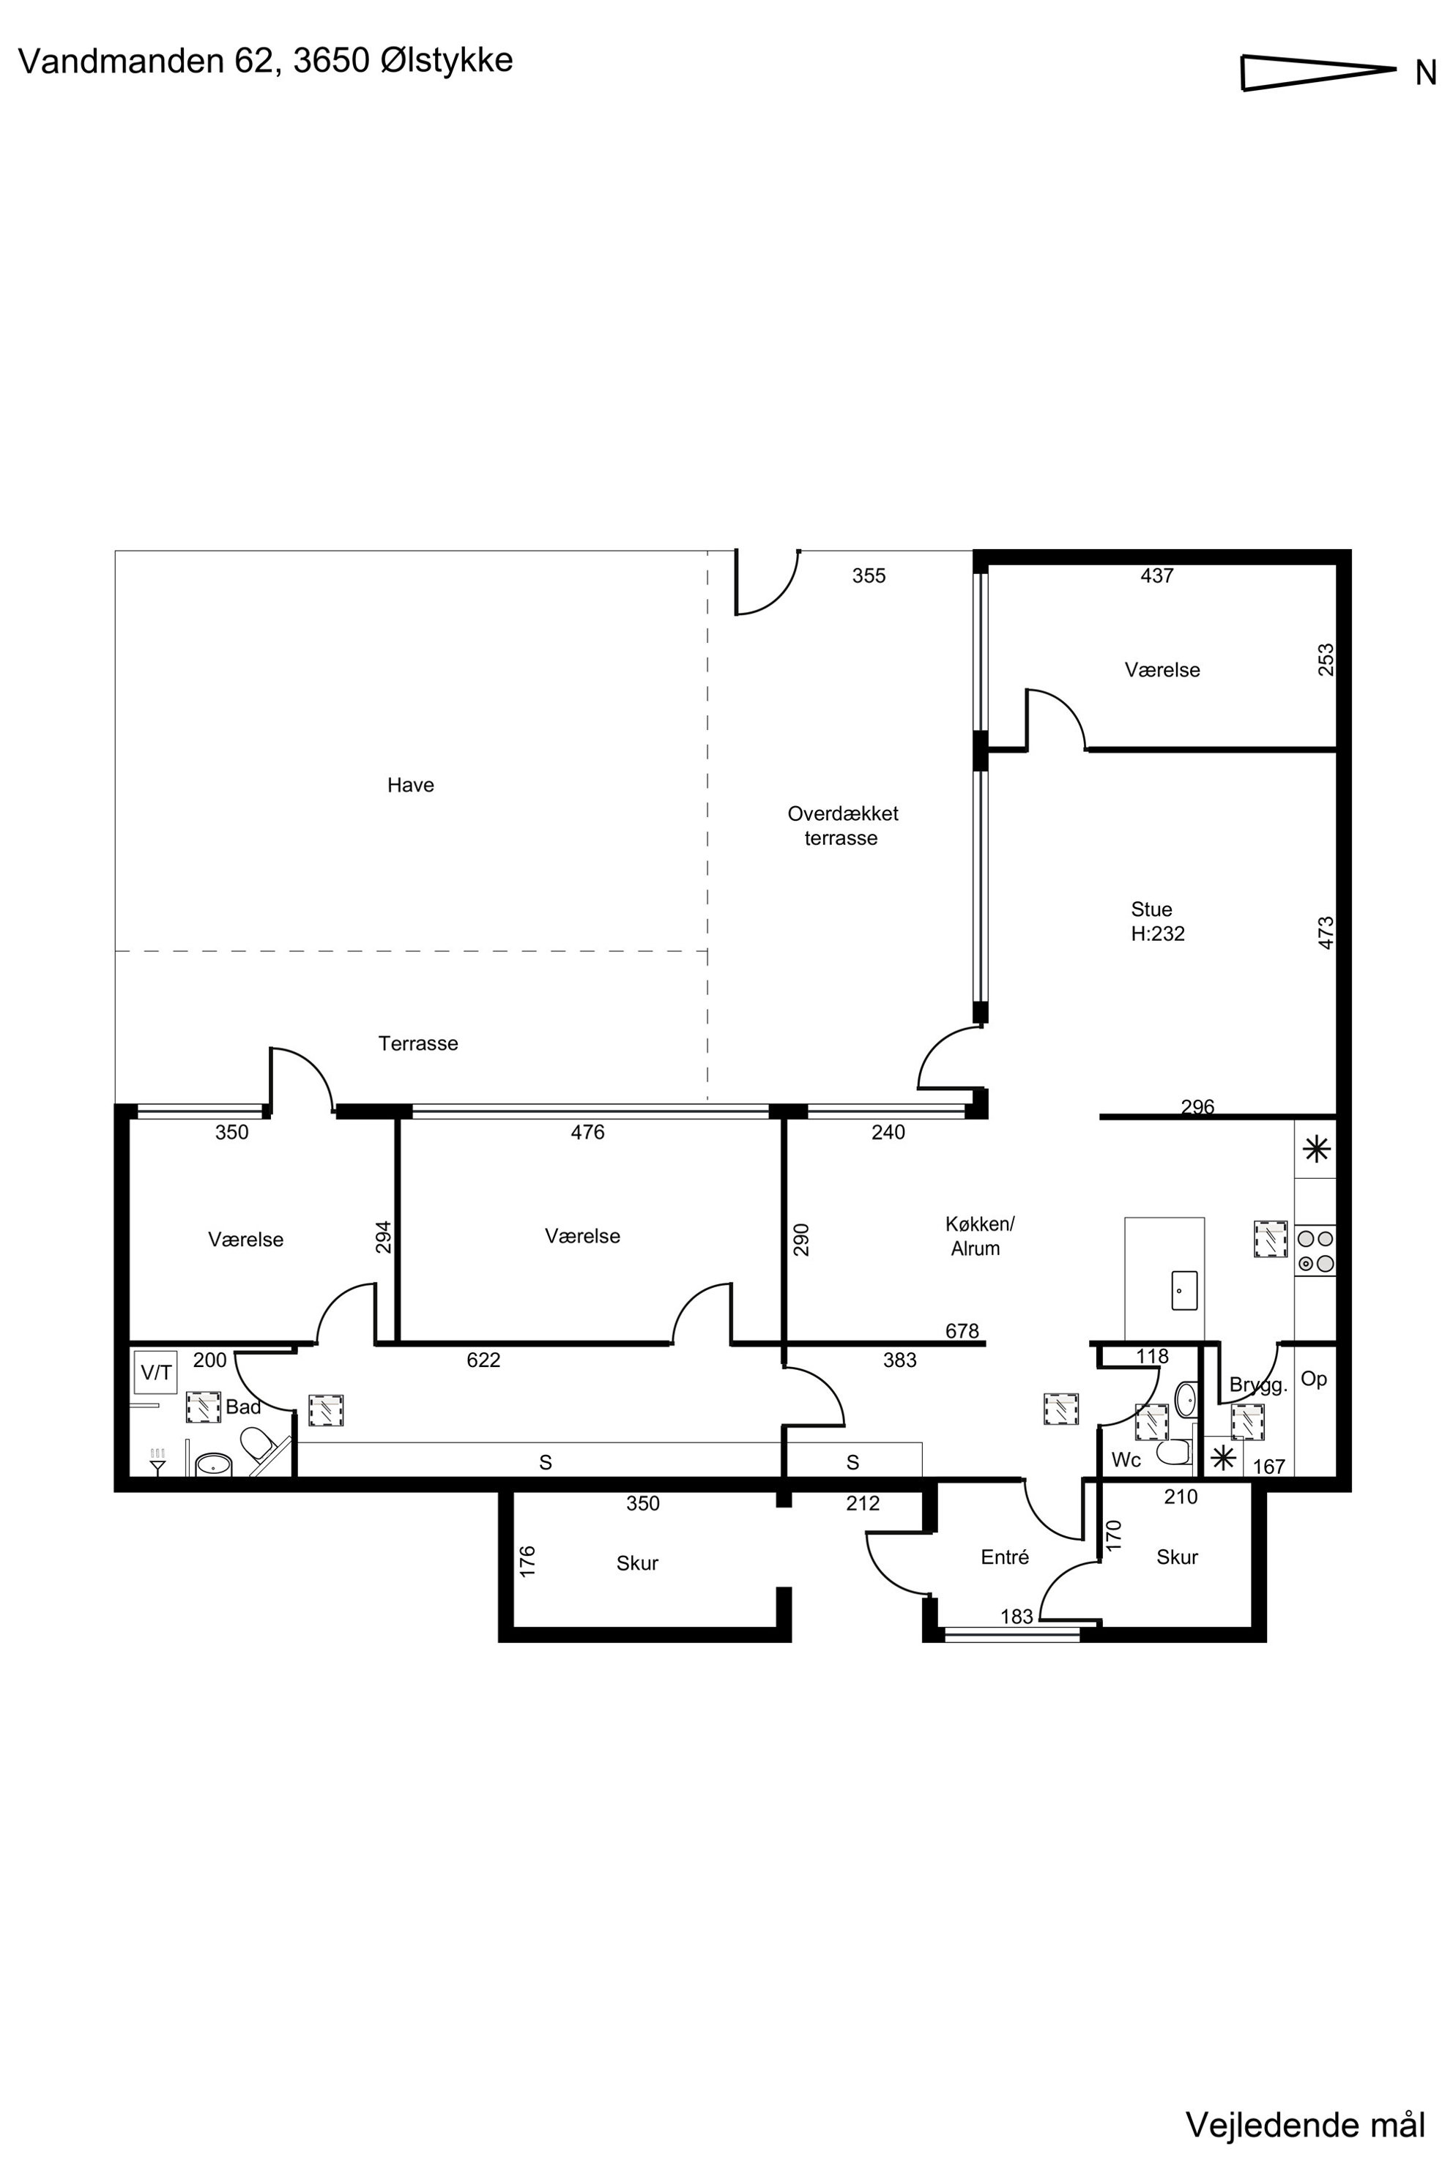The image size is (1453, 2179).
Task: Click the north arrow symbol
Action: [1318, 72]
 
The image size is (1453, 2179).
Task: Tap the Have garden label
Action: [411, 785]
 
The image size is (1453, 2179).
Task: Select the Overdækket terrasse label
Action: [842, 825]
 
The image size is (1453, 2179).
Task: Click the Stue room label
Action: [1151, 909]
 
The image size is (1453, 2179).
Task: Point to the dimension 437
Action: [1156, 576]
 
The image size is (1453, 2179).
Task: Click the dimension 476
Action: [587, 1132]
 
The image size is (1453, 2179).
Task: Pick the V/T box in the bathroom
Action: [156, 1372]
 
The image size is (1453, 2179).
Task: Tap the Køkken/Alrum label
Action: [978, 1236]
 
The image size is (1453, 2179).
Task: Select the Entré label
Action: [1005, 1557]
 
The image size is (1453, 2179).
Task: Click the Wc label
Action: [1126, 1460]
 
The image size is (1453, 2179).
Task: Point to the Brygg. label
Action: [1258, 1386]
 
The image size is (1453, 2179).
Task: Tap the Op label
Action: [1314, 1379]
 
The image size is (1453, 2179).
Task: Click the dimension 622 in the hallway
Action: [483, 1360]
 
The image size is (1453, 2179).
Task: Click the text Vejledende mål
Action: [1305, 2117]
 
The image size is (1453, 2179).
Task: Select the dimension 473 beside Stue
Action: [1326, 933]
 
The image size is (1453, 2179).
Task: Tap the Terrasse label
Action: [418, 1043]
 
